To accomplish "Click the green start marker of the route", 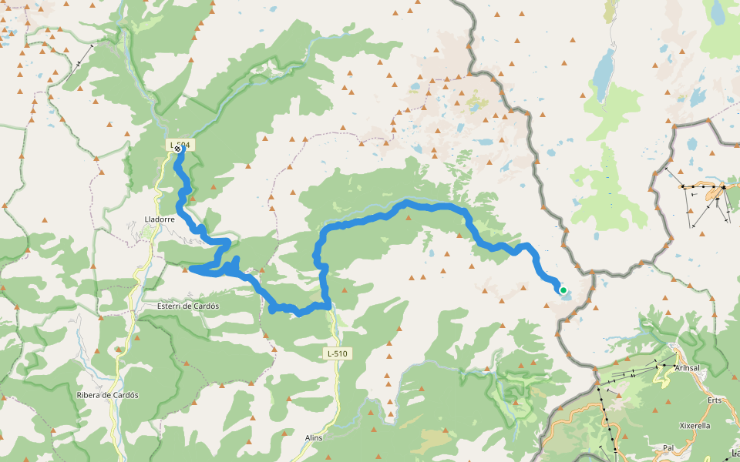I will pyautogui.click(x=563, y=290).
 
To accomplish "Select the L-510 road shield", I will pyautogui.click(x=337, y=353).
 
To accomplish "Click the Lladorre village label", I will pyautogui.click(x=159, y=219).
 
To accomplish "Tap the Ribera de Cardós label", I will pyautogui.click(x=107, y=395).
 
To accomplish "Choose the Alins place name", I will pyautogui.click(x=314, y=437).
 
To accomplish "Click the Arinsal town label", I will pyautogui.click(x=687, y=368).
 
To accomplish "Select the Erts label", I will pyautogui.click(x=715, y=400).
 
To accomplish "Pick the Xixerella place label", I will pyautogui.click(x=695, y=425).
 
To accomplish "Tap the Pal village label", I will pyautogui.click(x=668, y=447).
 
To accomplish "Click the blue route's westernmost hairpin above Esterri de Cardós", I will pyautogui.click(x=190, y=269).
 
